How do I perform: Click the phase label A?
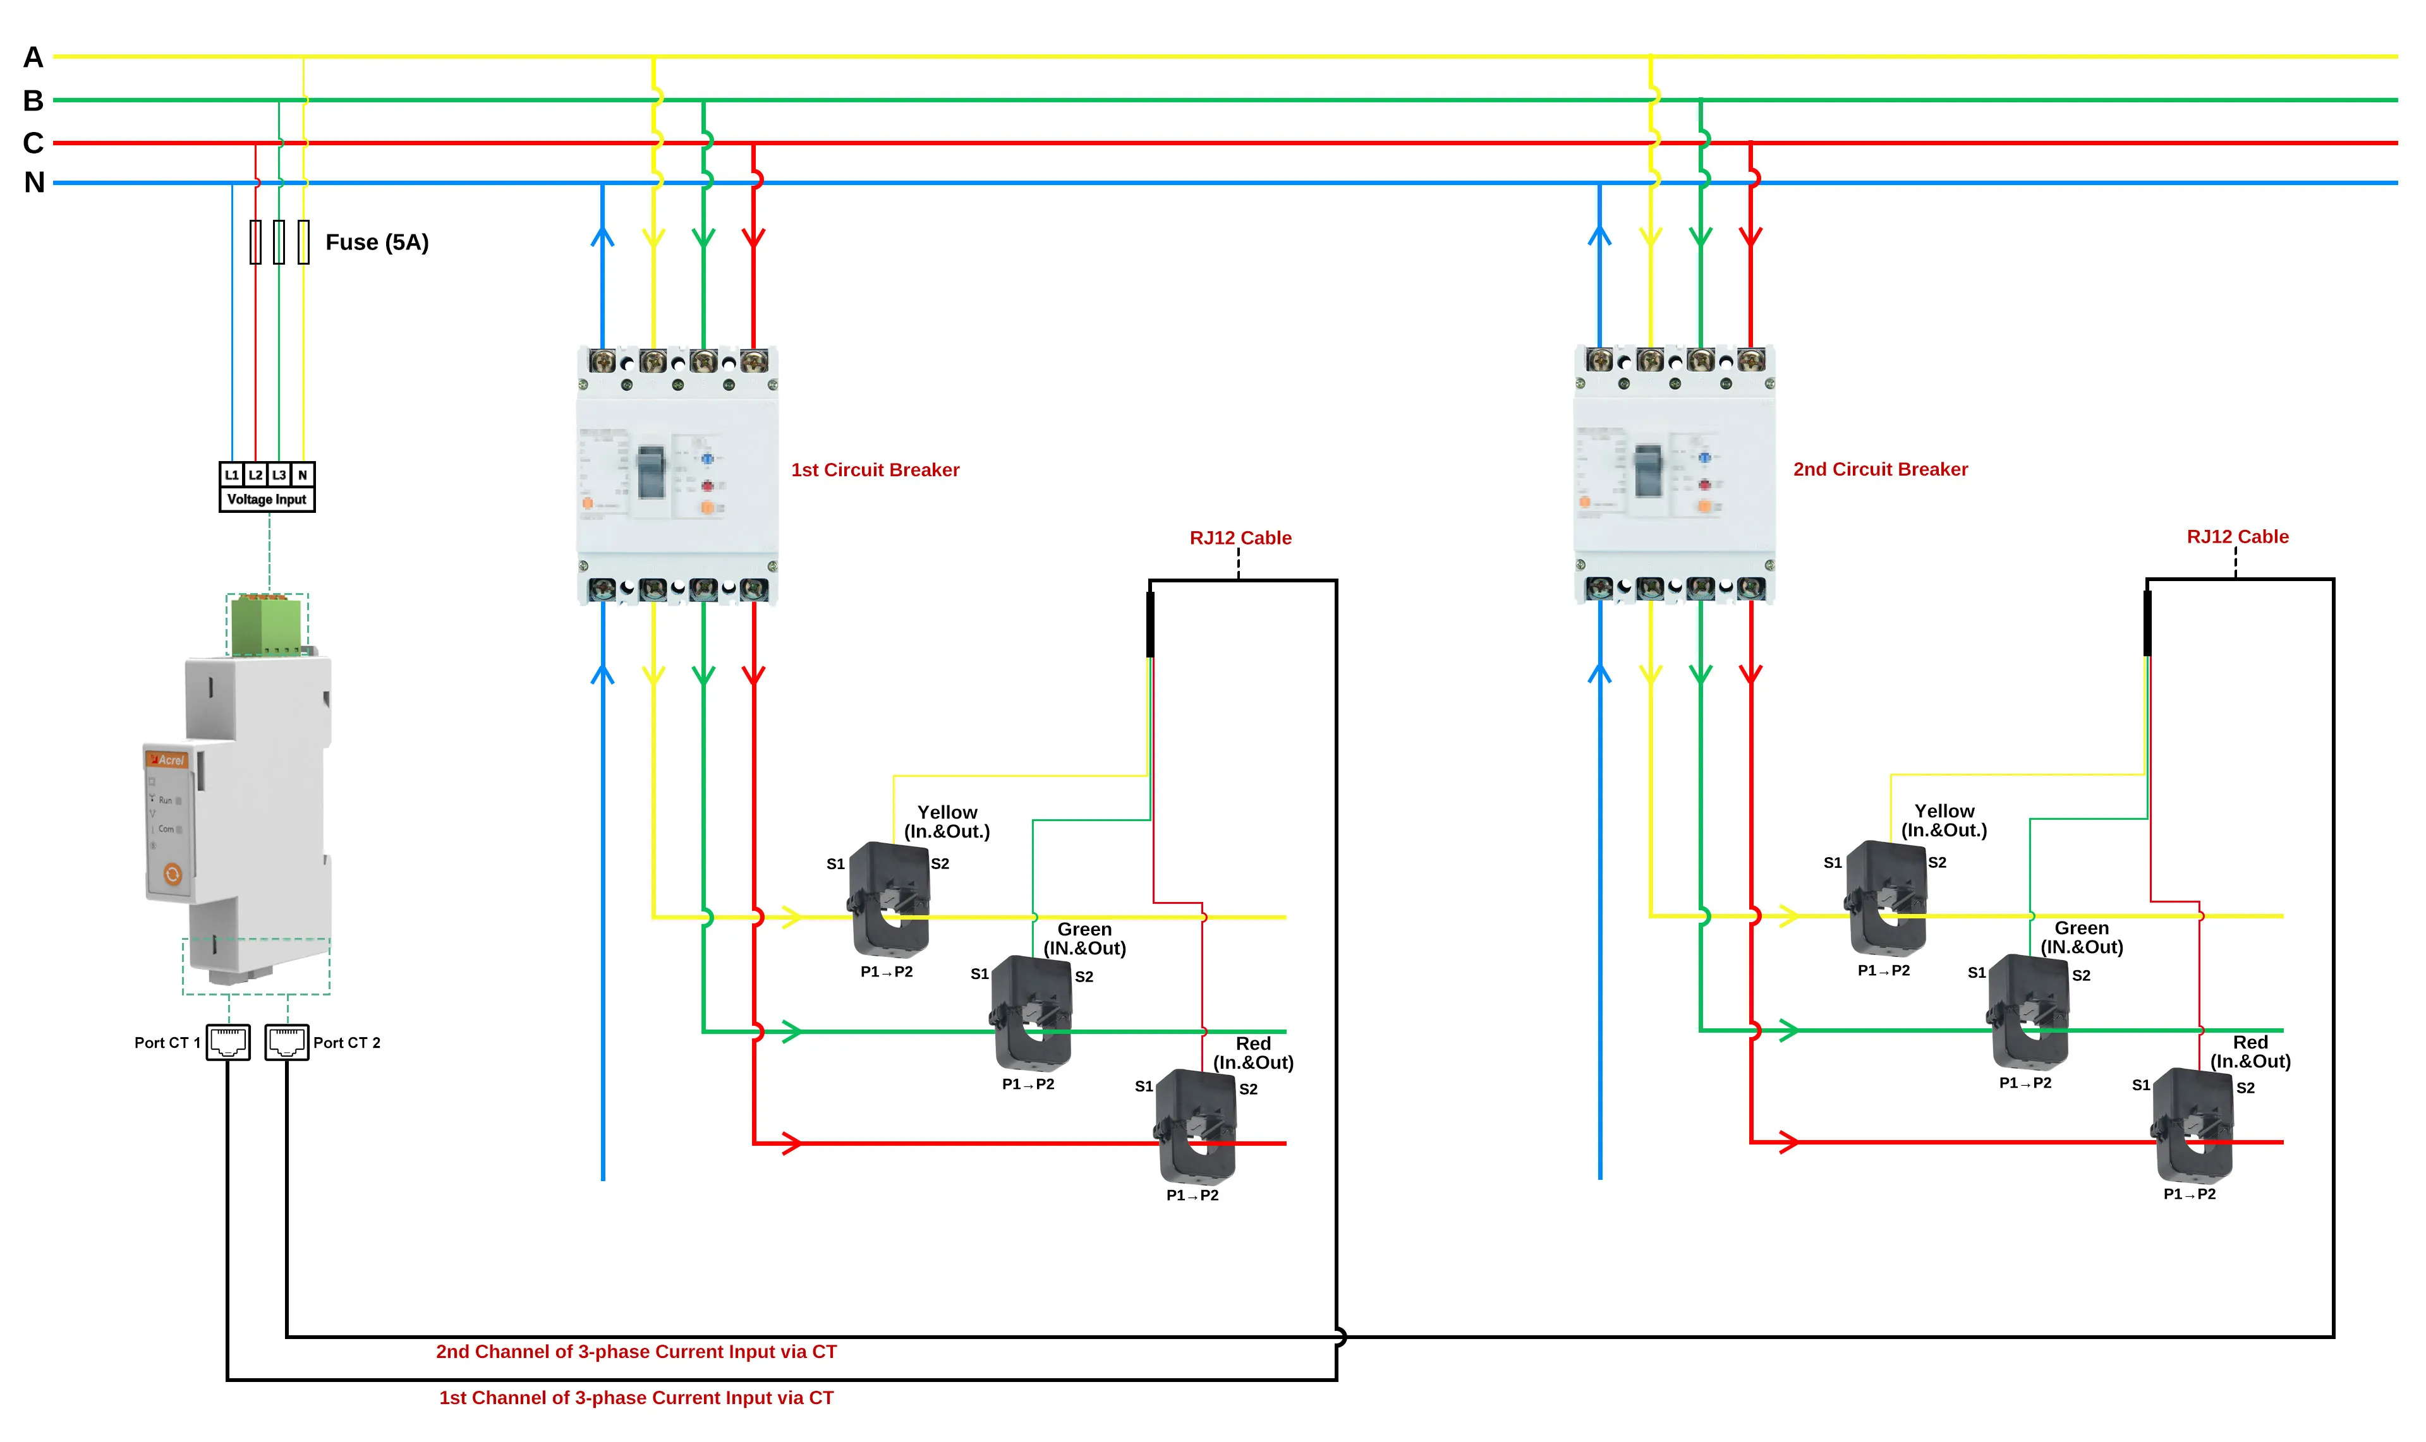[x=33, y=57]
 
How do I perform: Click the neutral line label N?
[x=34, y=182]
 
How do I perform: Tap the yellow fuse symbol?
[x=303, y=242]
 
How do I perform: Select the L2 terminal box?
[x=255, y=474]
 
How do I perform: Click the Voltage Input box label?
[x=266, y=500]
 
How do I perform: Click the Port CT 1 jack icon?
[x=227, y=1042]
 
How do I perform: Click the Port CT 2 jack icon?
[x=287, y=1042]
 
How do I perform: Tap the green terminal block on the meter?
[x=265, y=627]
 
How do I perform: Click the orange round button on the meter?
[x=172, y=875]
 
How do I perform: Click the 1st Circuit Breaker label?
[x=875, y=471]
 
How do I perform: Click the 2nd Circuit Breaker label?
[x=1880, y=469]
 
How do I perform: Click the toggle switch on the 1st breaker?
[x=650, y=471]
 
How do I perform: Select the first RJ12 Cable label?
[x=1240, y=538]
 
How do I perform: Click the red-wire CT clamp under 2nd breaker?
[x=2193, y=1125]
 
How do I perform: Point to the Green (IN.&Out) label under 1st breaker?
[x=1084, y=939]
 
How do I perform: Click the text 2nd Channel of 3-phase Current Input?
[x=636, y=1352]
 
